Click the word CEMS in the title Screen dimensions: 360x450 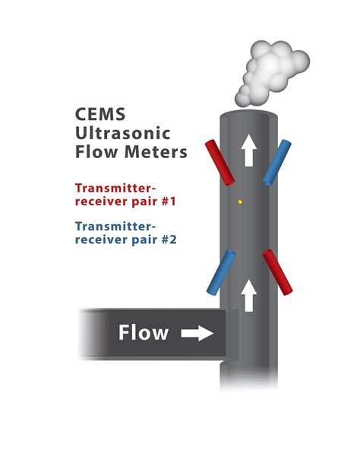(x=100, y=114)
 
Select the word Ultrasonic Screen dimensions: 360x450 (x=123, y=133)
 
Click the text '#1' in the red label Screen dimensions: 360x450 (x=169, y=201)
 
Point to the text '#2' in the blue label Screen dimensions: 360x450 (x=169, y=239)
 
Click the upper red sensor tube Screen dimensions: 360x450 (x=220, y=163)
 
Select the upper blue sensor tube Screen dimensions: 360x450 (x=277, y=163)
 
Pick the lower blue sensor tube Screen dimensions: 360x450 (x=221, y=272)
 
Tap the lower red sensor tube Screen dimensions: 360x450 (x=277, y=272)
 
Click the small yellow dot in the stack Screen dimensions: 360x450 (x=240, y=202)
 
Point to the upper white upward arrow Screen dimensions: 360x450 (x=248, y=151)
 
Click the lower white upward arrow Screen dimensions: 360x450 (x=248, y=296)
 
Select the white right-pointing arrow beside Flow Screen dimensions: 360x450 (x=197, y=333)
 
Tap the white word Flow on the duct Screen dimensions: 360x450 (x=144, y=332)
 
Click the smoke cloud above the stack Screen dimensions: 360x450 (x=272, y=73)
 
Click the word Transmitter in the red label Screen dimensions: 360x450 (x=115, y=189)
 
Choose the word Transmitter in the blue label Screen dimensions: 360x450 (x=115, y=227)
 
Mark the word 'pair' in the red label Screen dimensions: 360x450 (x=144, y=201)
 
